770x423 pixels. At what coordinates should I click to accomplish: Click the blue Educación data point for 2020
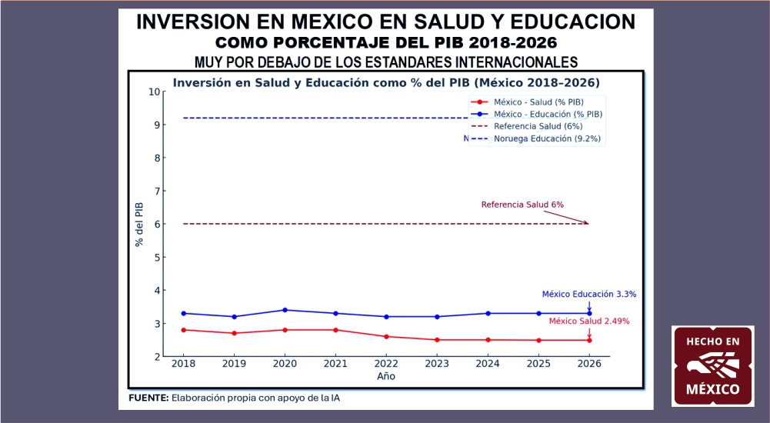tap(285, 310)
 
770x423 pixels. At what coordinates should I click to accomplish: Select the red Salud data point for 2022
tap(386, 336)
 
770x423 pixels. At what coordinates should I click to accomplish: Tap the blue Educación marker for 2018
tap(183, 313)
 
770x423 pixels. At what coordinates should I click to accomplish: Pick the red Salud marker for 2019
tap(234, 333)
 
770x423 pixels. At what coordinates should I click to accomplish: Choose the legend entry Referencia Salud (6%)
tap(538, 126)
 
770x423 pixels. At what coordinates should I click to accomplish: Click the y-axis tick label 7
tap(157, 191)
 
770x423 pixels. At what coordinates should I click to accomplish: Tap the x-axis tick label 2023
tap(437, 363)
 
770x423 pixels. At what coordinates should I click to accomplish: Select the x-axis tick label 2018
tap(183, 363)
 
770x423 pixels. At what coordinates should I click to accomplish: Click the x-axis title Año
tap(385, 377)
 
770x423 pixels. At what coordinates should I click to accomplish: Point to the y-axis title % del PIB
tap(139, 224)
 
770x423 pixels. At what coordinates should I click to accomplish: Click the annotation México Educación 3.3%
tap(588, 294)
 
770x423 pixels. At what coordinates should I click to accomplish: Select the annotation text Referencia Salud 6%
tap(522, 205)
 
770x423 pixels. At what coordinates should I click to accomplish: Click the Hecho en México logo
tap(712, 366)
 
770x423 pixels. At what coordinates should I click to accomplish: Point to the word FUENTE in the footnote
tap(148, 398)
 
